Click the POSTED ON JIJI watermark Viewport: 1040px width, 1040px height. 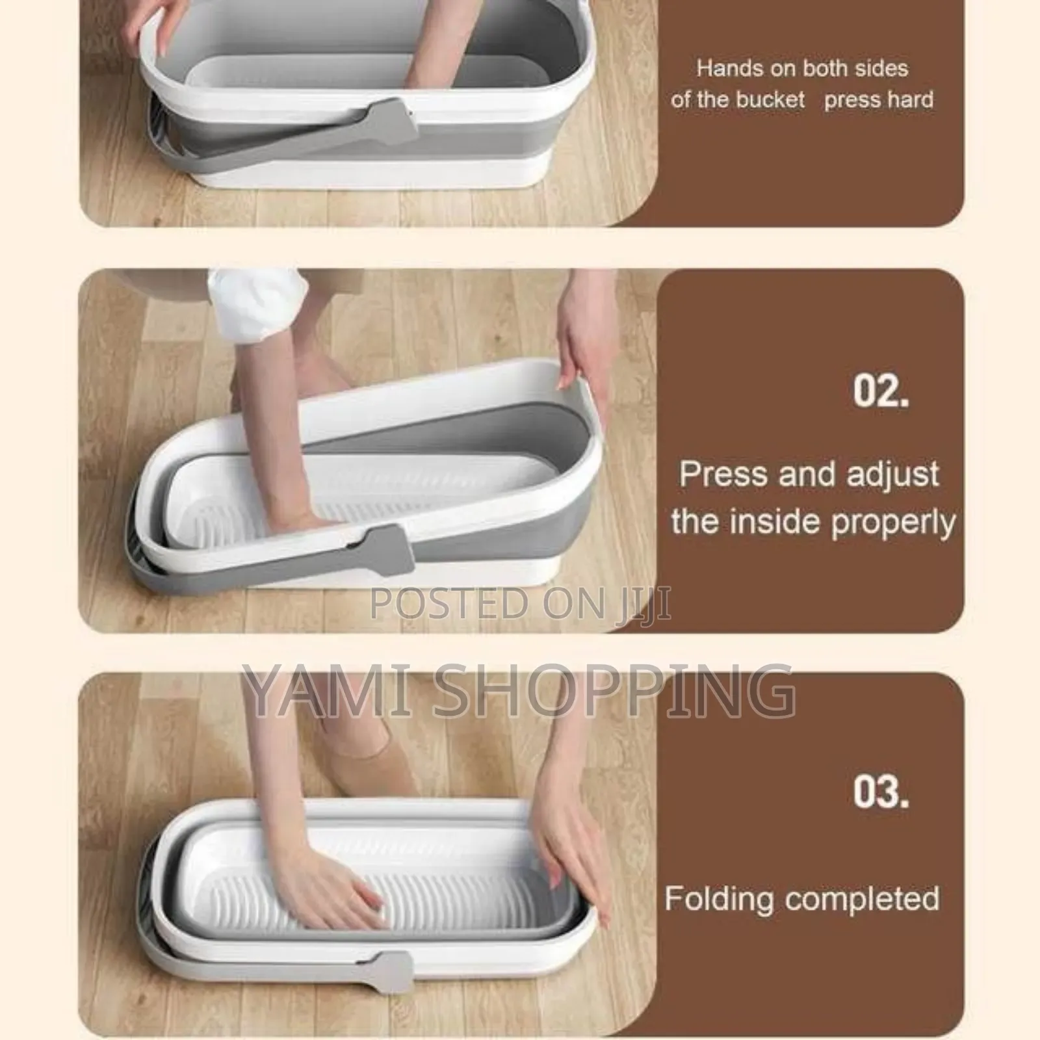520,603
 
